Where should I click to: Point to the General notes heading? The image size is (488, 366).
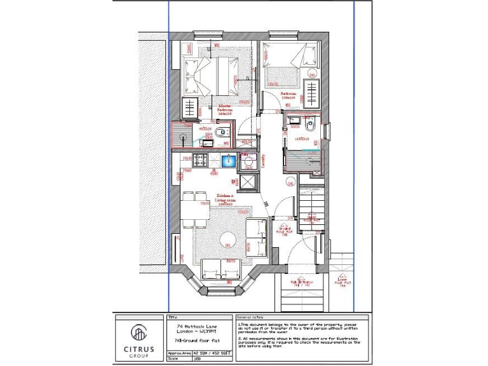pos(250,316)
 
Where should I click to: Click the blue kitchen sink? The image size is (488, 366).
pos(227,159)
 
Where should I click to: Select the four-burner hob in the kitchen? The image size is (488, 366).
pos(201,159)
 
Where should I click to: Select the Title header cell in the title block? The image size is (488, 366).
pos(172,316)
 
